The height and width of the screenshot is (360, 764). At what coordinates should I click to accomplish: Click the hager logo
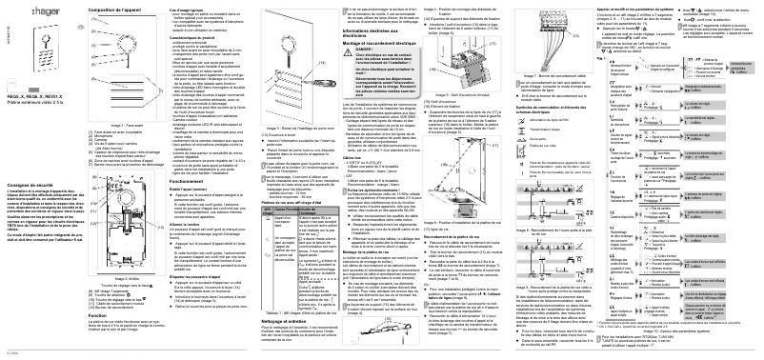tap(29, 13)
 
